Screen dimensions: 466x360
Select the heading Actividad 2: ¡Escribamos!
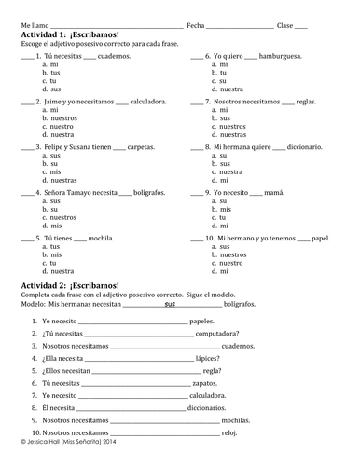pyautogui.click(x=67, y=283)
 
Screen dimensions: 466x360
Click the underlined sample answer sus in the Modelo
pyautogui.click(x=169, y=305)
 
